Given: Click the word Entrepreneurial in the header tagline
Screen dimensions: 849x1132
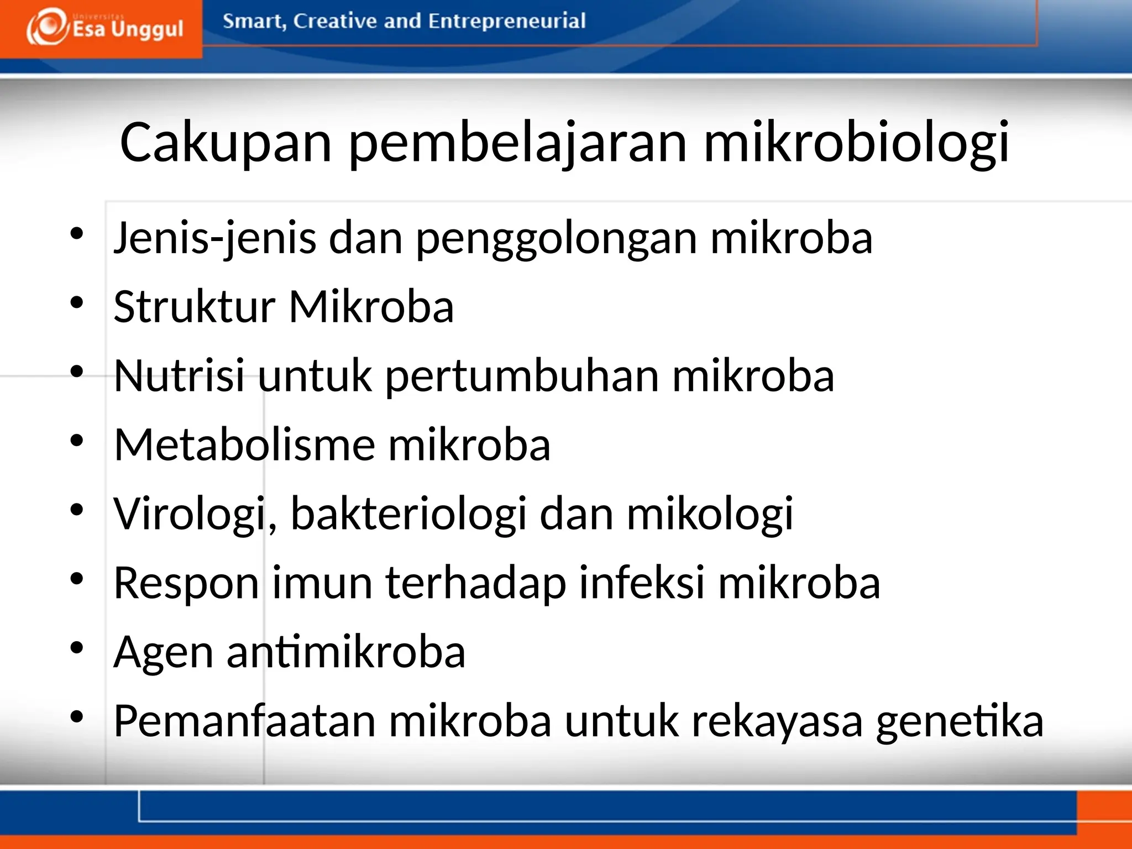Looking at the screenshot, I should pos(506,21).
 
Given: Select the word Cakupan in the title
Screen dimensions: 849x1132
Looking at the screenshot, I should pos(226,143).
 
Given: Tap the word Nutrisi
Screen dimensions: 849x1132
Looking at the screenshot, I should pos(179,376).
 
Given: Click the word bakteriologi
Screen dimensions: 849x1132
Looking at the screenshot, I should pos(408,514).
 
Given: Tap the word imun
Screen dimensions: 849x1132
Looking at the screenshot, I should pos(322,583).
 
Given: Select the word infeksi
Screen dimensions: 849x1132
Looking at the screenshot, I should pos(641,583).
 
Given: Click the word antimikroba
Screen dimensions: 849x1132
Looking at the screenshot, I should pos(345,652).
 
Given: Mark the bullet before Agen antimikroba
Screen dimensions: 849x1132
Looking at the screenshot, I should pos(77,647).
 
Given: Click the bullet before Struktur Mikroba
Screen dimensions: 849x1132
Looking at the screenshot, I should pos(77,302).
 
